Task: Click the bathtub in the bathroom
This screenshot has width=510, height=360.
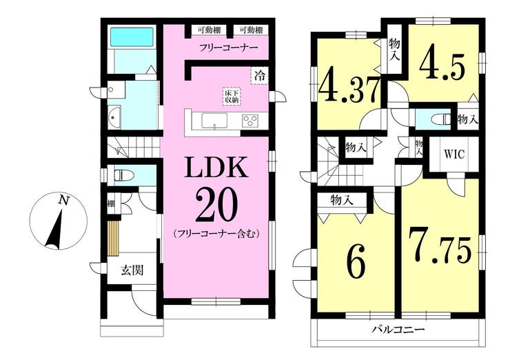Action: coord(132,37)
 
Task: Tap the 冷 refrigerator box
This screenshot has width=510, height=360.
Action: coord(260,76)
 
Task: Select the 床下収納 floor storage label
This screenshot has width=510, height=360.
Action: coord(232,96)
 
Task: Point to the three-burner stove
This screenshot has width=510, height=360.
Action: coord(250,121)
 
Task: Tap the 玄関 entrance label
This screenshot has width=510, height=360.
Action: coord(132,270)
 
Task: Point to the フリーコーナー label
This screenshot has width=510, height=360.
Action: coord(229,48)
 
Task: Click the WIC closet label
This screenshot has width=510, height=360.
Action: coord(454,154)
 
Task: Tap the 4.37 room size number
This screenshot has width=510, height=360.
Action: coord(349,86)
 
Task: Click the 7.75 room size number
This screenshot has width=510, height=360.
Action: coord(440,246)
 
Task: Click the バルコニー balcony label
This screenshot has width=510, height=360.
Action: coord(398,330)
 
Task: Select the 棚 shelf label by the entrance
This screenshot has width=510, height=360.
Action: coord(111,204)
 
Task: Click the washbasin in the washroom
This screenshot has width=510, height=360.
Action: coord(114,117)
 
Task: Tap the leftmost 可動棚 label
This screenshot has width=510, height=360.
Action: coord(209,30)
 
